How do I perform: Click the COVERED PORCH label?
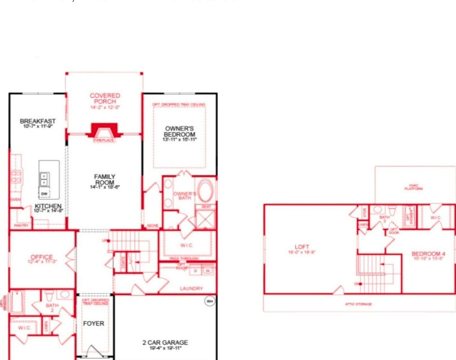105,98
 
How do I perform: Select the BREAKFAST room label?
38,121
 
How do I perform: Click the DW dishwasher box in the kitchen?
44,194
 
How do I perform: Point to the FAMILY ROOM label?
105,179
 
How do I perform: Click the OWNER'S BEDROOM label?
180,131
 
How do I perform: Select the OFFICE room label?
42,257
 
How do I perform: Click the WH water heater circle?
210,301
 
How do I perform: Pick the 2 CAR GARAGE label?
165,342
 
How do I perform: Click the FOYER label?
94,323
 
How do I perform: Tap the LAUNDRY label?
191,288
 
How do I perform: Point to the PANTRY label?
21,225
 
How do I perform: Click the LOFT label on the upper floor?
302,247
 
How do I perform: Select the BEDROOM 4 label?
428,254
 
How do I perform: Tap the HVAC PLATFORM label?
413,187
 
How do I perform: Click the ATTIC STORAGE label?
358,304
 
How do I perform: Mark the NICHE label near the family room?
152,226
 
